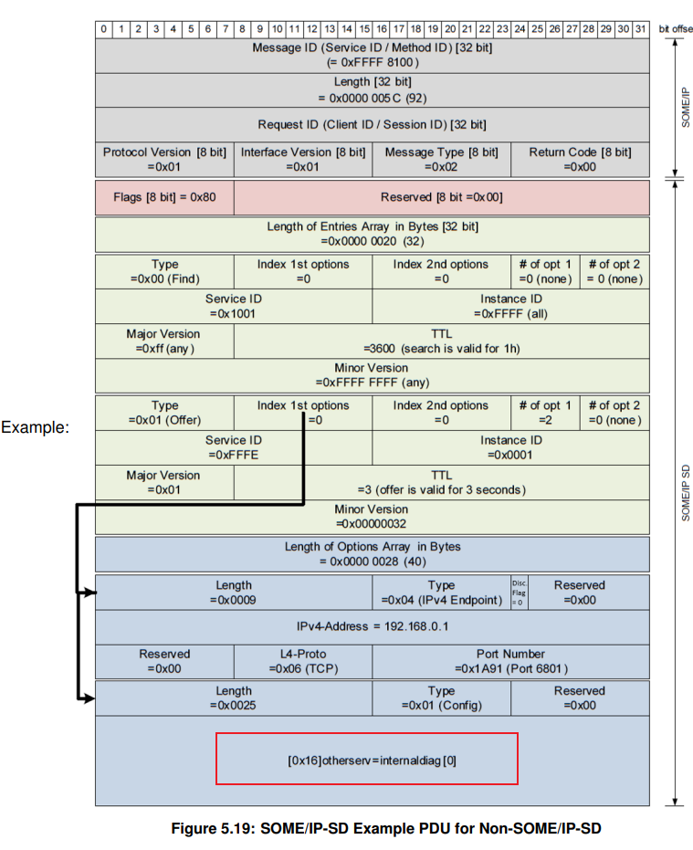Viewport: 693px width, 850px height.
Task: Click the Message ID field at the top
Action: tap(372, 55)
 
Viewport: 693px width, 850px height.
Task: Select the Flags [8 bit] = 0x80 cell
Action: tap(164, 196)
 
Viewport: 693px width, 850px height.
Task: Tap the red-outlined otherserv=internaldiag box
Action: tap(366, 759)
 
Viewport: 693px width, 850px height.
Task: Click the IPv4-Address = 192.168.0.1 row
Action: tap(372, 626)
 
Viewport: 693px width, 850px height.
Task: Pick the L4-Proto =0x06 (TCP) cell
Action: tap(303, 662)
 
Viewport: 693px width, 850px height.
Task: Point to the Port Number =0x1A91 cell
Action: tap(510, 662)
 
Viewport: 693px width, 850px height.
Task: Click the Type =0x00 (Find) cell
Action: tap(164, 271)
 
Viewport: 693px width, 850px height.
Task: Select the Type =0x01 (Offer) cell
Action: tap(164, 413)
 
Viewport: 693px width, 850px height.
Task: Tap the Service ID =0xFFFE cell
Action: tap(234, 447)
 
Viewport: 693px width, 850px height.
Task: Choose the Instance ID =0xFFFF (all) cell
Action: tap(510, 306)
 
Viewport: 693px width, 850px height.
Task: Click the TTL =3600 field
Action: tap(441, 341)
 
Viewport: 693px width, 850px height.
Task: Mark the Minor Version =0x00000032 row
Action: tap(372, 517)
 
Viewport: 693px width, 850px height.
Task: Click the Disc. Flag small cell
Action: tap(520, 592)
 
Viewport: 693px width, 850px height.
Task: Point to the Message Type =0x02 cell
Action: tap(441, 159)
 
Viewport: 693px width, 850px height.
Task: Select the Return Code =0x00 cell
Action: tap(580, 159)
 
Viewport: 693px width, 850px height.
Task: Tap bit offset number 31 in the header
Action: tap(640, 29)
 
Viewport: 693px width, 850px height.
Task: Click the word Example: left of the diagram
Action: tap(36, 426)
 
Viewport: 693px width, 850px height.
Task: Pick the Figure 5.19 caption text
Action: tap(386, 828)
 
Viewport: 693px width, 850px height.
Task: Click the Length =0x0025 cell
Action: tap(234, 698)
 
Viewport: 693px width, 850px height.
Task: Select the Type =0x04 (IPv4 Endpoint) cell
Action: tap(441, 592)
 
